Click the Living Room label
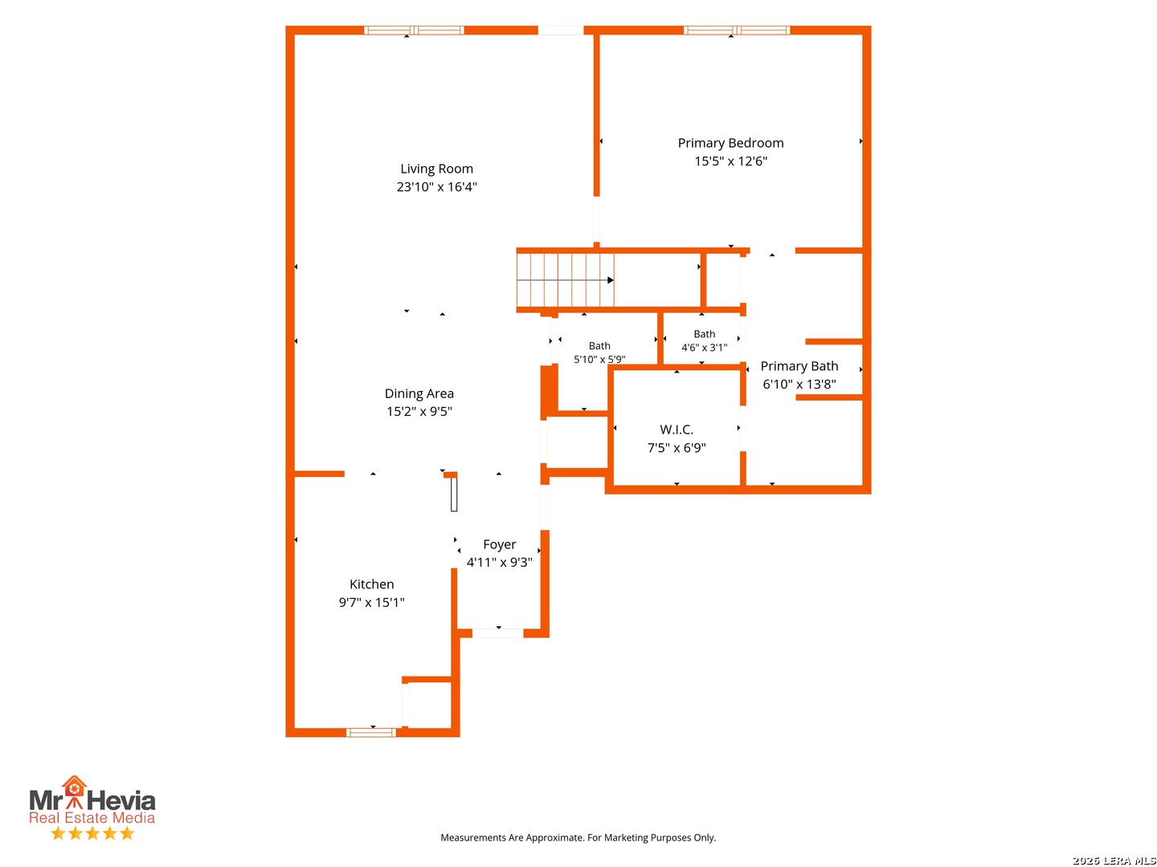click(436, 169)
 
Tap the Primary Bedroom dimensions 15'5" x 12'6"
click(730, 161)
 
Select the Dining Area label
click(419, 393)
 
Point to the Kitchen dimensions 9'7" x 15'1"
click(372, 602)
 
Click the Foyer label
click(499, 544)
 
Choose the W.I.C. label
click(677, 429)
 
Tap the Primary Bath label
click(799, 366)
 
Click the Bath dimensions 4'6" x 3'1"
click(704, 348)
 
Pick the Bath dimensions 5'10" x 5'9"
click(599, 359)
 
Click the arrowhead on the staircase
click(611, 280)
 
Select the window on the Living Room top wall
click(414, 31)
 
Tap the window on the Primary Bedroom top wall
click(736, 31)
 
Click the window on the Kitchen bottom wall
click(370, 732)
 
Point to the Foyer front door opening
click(497, 633)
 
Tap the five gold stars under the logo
click(92, 833)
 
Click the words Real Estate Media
click(92, 817)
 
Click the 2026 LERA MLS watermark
click(1114, 860)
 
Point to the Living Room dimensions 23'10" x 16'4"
click(436, 187)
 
